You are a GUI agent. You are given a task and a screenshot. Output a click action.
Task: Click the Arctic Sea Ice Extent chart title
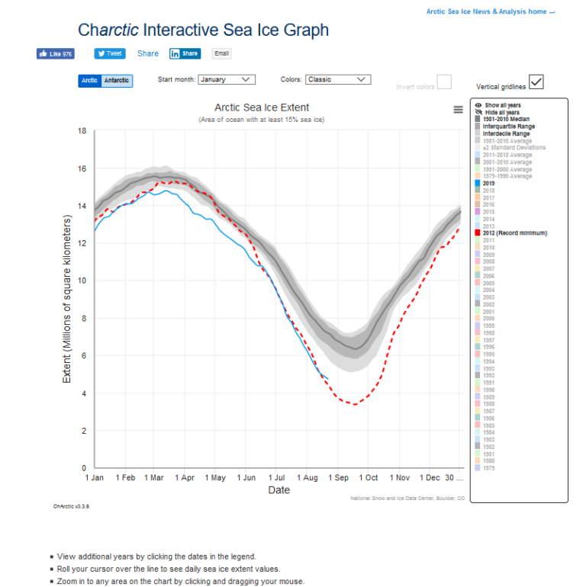262,107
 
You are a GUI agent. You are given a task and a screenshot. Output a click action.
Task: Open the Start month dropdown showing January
227,79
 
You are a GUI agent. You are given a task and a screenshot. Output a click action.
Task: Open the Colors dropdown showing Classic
337,79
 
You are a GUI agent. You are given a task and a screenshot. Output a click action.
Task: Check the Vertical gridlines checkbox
536,82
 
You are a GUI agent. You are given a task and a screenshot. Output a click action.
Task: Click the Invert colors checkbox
443,82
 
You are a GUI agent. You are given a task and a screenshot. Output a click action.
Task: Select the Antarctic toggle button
117,80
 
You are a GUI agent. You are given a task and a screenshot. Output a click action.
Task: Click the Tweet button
110,53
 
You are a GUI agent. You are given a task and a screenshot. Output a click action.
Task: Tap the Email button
221,53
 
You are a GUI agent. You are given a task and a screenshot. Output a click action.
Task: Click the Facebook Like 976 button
56,54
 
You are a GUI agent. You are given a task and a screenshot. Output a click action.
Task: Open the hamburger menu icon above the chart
458,110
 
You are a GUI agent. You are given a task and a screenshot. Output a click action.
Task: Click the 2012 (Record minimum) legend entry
514,233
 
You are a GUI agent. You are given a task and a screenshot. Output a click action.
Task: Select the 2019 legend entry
489,183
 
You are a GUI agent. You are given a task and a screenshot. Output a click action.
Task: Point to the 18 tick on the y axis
82,131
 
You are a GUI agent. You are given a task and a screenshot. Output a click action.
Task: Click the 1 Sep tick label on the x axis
338,477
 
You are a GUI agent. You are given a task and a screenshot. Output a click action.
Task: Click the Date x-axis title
279,490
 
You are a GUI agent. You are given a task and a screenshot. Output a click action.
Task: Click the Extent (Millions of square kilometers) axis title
67,299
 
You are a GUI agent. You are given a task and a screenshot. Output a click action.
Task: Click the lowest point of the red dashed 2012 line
353,404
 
